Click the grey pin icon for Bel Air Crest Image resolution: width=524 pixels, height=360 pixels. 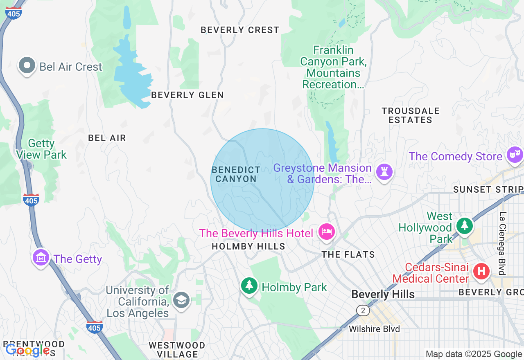[x=27, y=65]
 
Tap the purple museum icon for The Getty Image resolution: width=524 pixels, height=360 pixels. [x=41, y=258]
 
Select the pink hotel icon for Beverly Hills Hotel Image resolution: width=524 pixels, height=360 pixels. [x=326, y=232]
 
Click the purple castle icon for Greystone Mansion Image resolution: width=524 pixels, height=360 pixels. [x=384, y=172]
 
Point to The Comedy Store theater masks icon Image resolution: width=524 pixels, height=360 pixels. [x=514, y=155]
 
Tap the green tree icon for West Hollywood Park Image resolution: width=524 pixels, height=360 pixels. [x=464, y=225]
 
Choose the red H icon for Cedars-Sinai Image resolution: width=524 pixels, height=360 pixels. [x=481, y=271]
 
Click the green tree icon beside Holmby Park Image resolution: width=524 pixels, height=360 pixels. [x=249, y=286]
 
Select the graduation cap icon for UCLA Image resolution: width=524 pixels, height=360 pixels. [x=181, y=300]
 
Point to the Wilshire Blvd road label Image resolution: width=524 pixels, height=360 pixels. [x=374, y=329]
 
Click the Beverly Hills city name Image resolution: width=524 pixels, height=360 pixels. [x=383, y=294]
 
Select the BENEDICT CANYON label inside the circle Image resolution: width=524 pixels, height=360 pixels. [x=236, y=174]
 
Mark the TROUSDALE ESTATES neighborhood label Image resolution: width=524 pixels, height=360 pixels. [x=410, y=115]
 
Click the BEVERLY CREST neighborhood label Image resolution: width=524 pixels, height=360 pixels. [x=240, y=30]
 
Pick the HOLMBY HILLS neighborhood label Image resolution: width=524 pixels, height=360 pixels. [x=248, y=246]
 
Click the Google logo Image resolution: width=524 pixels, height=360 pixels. [x=27, y=350]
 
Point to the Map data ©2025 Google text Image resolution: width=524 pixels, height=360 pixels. [x=474, y=354]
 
